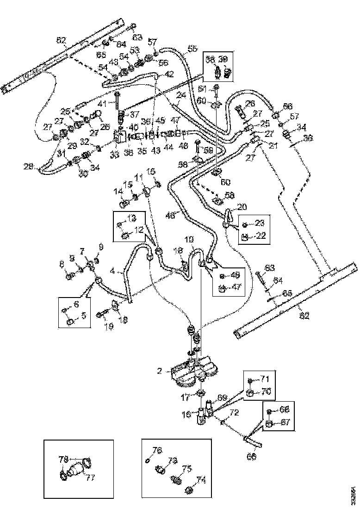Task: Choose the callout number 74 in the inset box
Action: [x=201, y=479]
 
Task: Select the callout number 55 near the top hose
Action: [x=192, y=48]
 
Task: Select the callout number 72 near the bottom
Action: [x=235, y=411]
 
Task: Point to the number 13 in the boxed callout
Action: [x=133, y=217]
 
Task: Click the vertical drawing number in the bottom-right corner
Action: [x=354, y=488]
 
